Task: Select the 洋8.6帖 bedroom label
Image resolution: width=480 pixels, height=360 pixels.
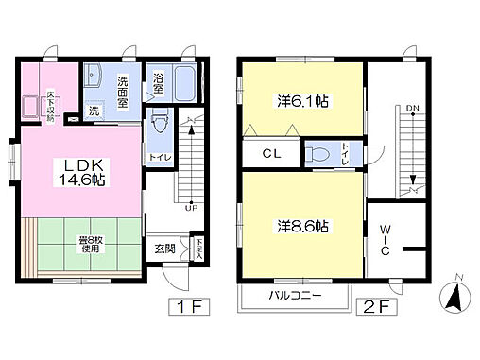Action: [x=302, y=227]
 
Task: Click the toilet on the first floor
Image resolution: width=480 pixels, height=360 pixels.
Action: [x=159, y=124]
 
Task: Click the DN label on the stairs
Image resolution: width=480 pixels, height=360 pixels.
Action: [x=412, y=109]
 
